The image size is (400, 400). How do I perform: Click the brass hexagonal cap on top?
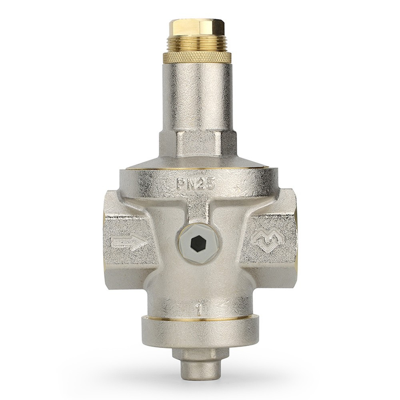click(197, 26)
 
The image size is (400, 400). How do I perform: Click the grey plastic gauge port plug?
click(196, 242)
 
